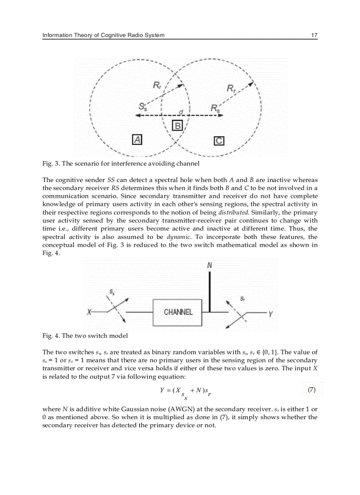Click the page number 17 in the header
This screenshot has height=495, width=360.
tap(314, 35)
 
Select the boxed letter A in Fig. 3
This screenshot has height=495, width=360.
tap(138, 140)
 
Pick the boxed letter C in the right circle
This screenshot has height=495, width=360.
tap(219, 141)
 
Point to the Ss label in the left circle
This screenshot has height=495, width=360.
tap(143, 106)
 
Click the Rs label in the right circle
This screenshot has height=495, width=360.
tap(215, 108)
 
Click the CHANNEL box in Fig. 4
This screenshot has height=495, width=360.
tap(178, 312)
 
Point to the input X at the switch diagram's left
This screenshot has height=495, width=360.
tap(90, 312)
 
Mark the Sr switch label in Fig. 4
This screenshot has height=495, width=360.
tap(243, 298)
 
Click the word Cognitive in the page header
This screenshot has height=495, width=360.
tap(114, 35)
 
